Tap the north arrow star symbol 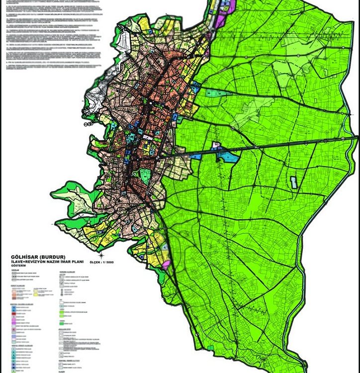point(98,257)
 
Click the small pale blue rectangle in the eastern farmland point(293,182)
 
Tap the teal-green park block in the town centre point(145,174)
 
